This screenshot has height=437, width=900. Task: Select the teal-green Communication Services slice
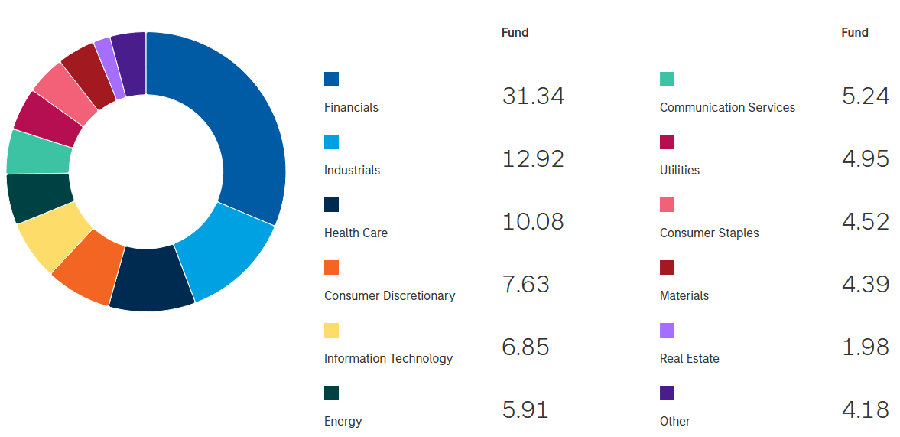pos(38,152)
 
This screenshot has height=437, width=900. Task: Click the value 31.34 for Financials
pos(533,96)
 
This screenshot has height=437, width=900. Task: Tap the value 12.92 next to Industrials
pos(533,158)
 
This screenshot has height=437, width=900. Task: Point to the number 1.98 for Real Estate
pos(865,347)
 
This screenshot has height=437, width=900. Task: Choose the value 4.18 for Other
pos(865,409)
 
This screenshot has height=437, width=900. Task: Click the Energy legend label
pos(343,421)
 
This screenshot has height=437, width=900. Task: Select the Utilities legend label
pos(679,170)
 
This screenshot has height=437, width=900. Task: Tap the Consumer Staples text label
pos(709,233)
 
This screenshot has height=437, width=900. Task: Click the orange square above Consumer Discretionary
pos(331,268)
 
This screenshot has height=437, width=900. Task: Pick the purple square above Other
pos(667,393)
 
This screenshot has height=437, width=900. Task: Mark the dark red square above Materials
pos(667,268)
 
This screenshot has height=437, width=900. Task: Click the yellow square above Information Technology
pos(331,331)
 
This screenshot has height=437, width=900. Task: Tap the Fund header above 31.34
pos(515,32)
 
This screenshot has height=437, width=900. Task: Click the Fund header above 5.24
pos(854,32)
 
